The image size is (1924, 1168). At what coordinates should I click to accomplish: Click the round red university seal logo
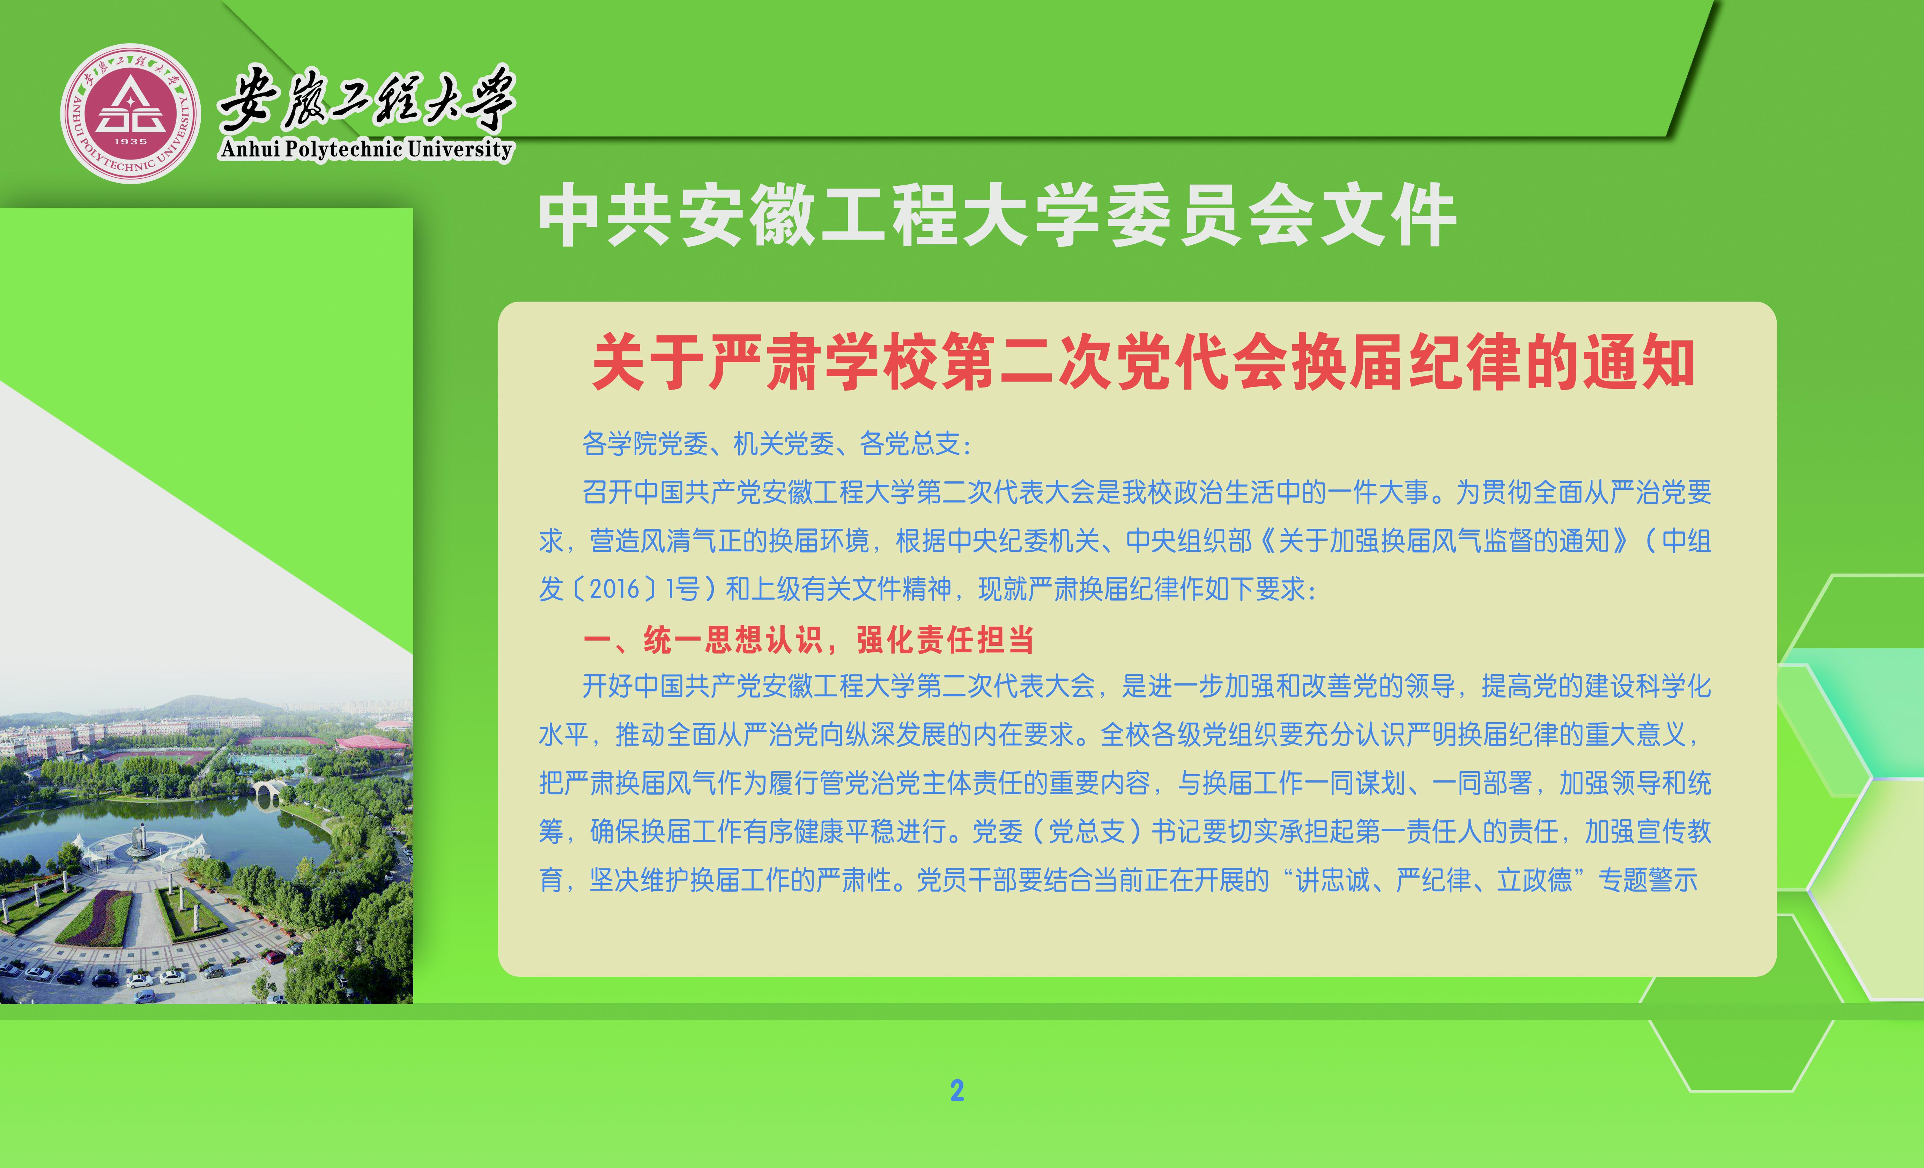[131, 113]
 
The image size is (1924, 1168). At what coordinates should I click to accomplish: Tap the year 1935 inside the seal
[131, 141]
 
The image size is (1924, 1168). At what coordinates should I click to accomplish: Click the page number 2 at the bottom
[957, 1091]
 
